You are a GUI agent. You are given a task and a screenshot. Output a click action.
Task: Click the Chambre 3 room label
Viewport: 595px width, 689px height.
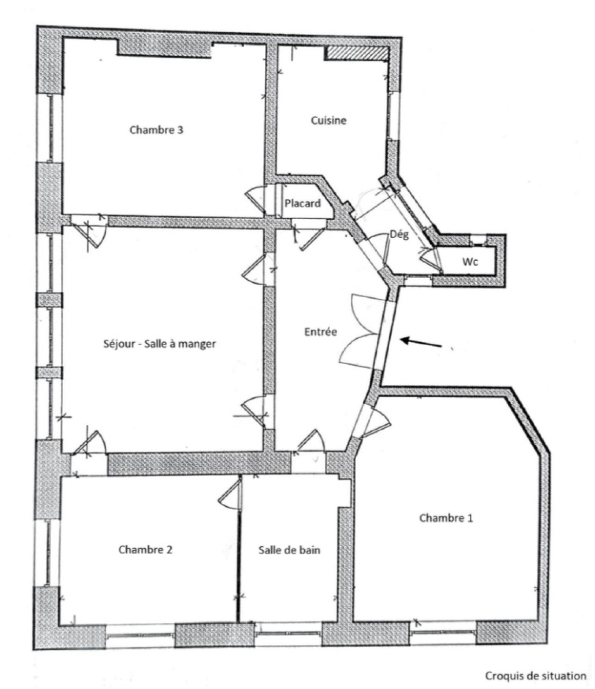[156, 130]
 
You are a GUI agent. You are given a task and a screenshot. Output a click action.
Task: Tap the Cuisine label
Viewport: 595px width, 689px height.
[329, 120]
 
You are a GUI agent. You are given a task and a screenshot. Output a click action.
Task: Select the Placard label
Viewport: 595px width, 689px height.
[303, 203]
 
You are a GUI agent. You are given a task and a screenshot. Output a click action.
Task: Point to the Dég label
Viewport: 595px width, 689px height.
[399, 234]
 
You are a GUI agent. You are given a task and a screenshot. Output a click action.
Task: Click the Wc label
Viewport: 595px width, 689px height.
[470, 262]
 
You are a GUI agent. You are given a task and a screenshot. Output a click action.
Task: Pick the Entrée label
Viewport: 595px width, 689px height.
[321, 331]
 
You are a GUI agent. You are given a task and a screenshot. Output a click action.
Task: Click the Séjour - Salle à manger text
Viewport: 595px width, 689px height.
[160, 343]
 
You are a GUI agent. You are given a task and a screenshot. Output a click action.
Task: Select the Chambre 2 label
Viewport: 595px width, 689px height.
[145, 549]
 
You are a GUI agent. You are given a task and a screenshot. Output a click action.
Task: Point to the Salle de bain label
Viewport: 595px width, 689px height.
[289, 550]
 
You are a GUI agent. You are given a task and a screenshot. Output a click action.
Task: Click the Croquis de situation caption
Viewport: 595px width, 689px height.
[535, 665]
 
